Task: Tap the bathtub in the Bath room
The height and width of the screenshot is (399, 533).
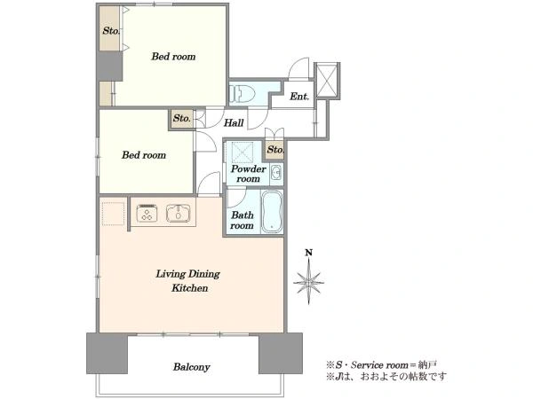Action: [272, 211]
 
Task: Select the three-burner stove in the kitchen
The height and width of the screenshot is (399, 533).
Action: [147, 214]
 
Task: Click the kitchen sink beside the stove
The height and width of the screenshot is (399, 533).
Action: [179, 214]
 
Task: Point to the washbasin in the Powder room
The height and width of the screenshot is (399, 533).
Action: [276, 174]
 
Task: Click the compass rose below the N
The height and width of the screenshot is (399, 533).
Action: [308, 282]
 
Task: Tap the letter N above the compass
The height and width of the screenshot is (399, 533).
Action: [308, 253]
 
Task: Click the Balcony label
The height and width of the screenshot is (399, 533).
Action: [191, 367]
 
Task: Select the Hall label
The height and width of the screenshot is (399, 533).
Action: [234, 123]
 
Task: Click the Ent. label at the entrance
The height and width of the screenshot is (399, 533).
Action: [299, 97]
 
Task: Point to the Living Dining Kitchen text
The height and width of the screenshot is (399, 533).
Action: [188, 281]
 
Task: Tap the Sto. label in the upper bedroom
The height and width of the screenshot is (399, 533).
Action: [111, 31]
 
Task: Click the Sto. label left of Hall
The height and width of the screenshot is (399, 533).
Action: [182, 119]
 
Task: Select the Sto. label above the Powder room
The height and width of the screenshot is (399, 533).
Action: [275, 150]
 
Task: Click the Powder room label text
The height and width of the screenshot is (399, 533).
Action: [249, 174]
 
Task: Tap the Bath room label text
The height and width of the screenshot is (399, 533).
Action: [242, 220]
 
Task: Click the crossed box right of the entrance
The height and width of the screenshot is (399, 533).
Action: [327, 81]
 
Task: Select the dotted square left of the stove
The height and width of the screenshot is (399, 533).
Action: [113, 214]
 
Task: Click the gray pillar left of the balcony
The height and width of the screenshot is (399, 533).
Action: [107, 353]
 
